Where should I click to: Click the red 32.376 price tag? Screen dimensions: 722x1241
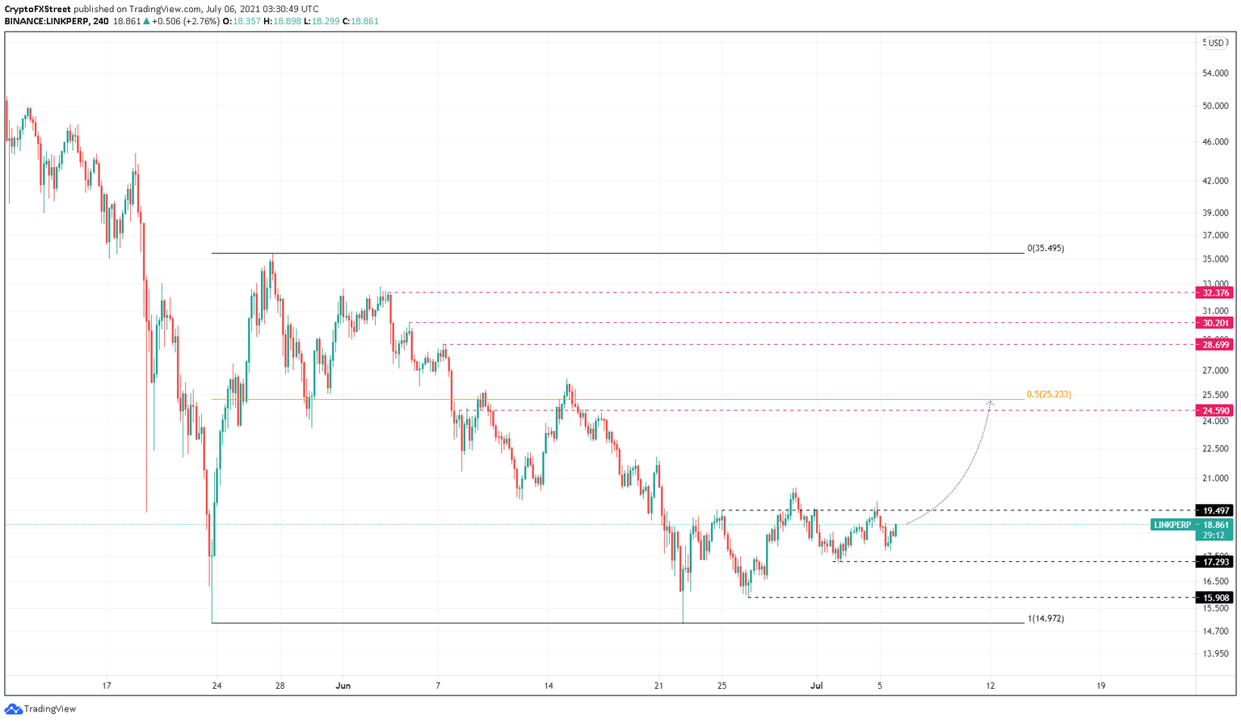pyautogui.click(x=1215, y=293)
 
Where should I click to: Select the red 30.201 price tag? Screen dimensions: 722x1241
pyautogui.click(x=1215, y=323)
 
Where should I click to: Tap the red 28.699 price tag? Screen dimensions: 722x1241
pyautogui.click(x=1215, y=345)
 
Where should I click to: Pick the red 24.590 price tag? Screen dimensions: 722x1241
pyautogui.click(x=1215, y=411)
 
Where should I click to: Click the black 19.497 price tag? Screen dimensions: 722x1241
pyautogui.click(x=1215, y=510)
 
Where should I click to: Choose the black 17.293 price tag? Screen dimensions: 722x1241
pyautogui.click(x=1215, y=562)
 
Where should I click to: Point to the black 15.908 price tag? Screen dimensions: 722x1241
pyautogui.click(x=1215, y=598)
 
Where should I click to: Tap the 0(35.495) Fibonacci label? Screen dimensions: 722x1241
pyautogui.click(x=1045, y=249)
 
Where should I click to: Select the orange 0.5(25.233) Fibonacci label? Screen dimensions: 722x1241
pyautogui.click(x=1049, y=395)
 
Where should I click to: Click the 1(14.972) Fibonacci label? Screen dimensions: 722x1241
pyautogui.click(x=1045, y=619)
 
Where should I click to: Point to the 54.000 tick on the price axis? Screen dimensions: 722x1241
pyautogui.click(x=1215, y=73)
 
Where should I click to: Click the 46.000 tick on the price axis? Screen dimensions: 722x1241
pyautogui.click(x=1215, y=142)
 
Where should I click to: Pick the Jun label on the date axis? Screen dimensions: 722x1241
pyautogui.click(x=343, y=686)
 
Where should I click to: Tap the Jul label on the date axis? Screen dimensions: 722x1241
pyautogui.click(x=817, y=686)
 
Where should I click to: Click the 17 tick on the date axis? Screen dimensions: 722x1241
pyautogui.click(x=107, y=686)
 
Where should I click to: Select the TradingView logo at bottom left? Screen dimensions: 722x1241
pyautogui.click(x=40, y=709)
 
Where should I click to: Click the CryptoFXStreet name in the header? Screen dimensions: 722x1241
pyautogui.click(x=37, y=10)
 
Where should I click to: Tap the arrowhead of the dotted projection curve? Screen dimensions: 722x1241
pyautogui.click(x=991, y=401)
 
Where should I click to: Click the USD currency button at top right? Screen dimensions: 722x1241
pyautogui.click(x=1216, y=43)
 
